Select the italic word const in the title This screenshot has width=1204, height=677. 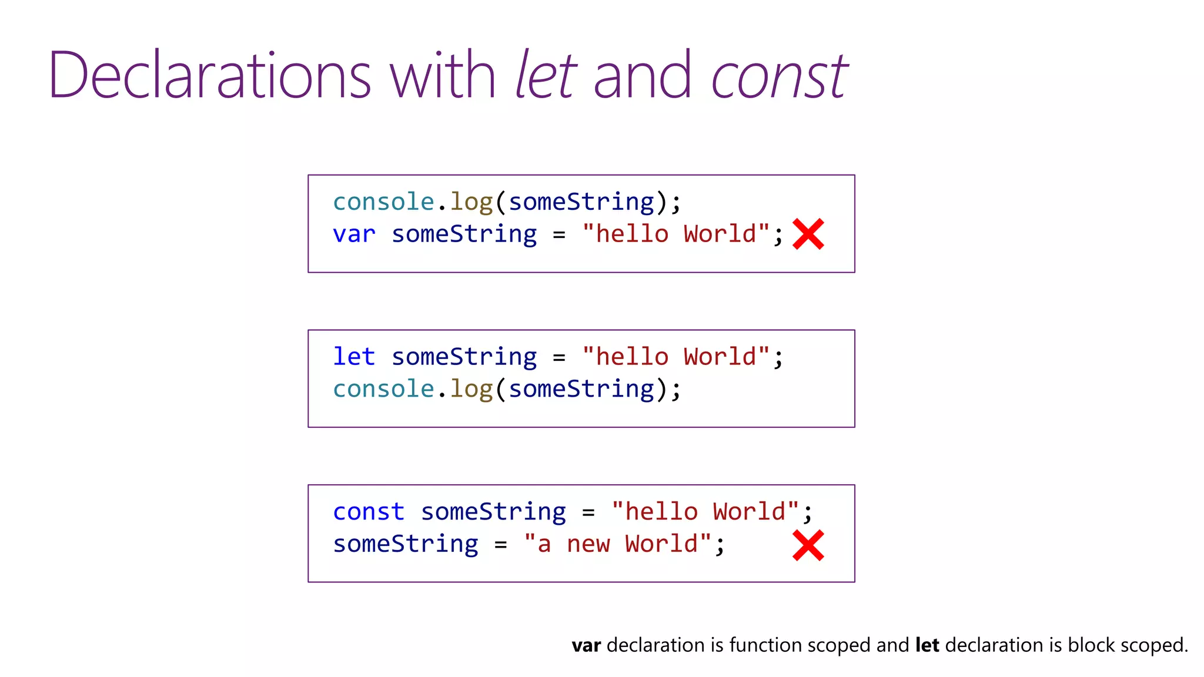(779, 76)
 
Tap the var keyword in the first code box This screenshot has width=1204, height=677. (354, 234)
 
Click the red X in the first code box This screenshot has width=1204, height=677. (808, 234)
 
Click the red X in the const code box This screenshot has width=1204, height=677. (808, 545)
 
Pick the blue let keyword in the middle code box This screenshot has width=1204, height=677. (354, 357)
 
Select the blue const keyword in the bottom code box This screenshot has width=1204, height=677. (369, 512)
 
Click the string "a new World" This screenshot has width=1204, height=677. (617, 544)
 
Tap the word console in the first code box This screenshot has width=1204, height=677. (383, 202)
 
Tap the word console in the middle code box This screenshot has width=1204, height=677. (383, 389)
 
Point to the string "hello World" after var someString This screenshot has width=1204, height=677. (675, 234)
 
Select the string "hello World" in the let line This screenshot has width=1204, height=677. (675, 357)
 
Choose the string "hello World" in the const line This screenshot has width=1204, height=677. (705, 512)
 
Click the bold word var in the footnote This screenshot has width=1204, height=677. (586, 646)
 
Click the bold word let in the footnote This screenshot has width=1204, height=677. (927, 645)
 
